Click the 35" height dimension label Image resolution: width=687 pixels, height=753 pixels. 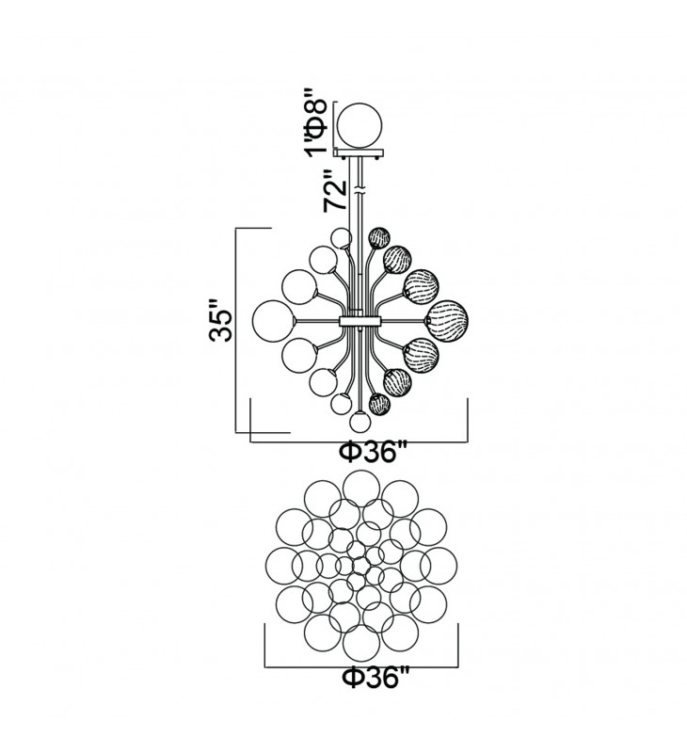coord(220,320)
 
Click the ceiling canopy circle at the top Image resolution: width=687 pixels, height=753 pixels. coord(338,125)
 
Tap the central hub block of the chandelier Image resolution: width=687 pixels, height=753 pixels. coord(360,320)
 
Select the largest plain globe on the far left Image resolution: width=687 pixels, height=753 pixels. coord(252,321)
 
